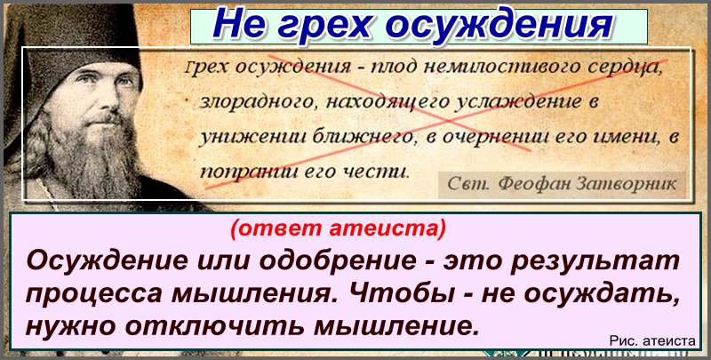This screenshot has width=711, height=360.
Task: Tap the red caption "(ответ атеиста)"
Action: tap(338, 228)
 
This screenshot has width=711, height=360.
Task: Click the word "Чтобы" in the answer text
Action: tap(405, 293)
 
